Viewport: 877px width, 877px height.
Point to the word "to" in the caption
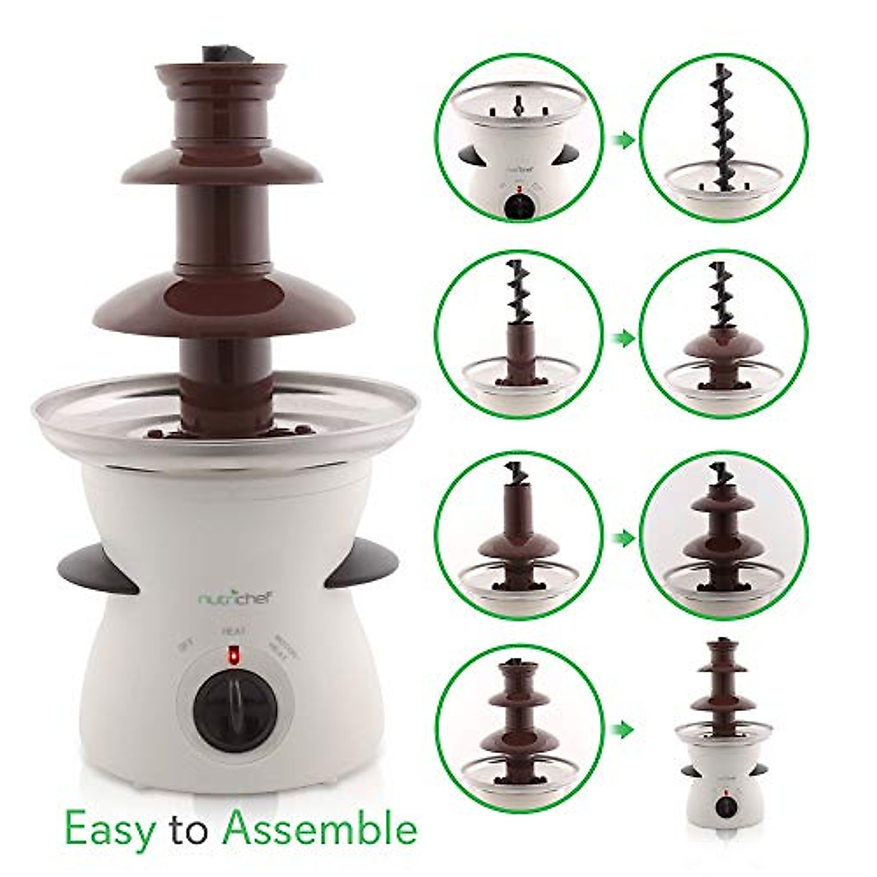pos(194,827)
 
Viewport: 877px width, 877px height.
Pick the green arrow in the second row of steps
pos(620,338)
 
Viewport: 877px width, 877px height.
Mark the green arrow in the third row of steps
pos(620,539)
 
